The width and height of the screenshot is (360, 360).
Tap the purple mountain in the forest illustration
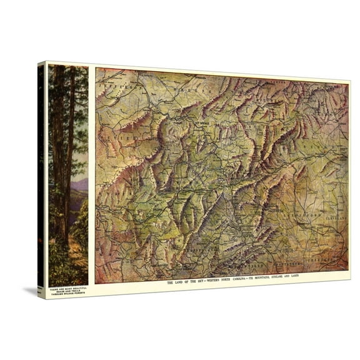tap(80, 184)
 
